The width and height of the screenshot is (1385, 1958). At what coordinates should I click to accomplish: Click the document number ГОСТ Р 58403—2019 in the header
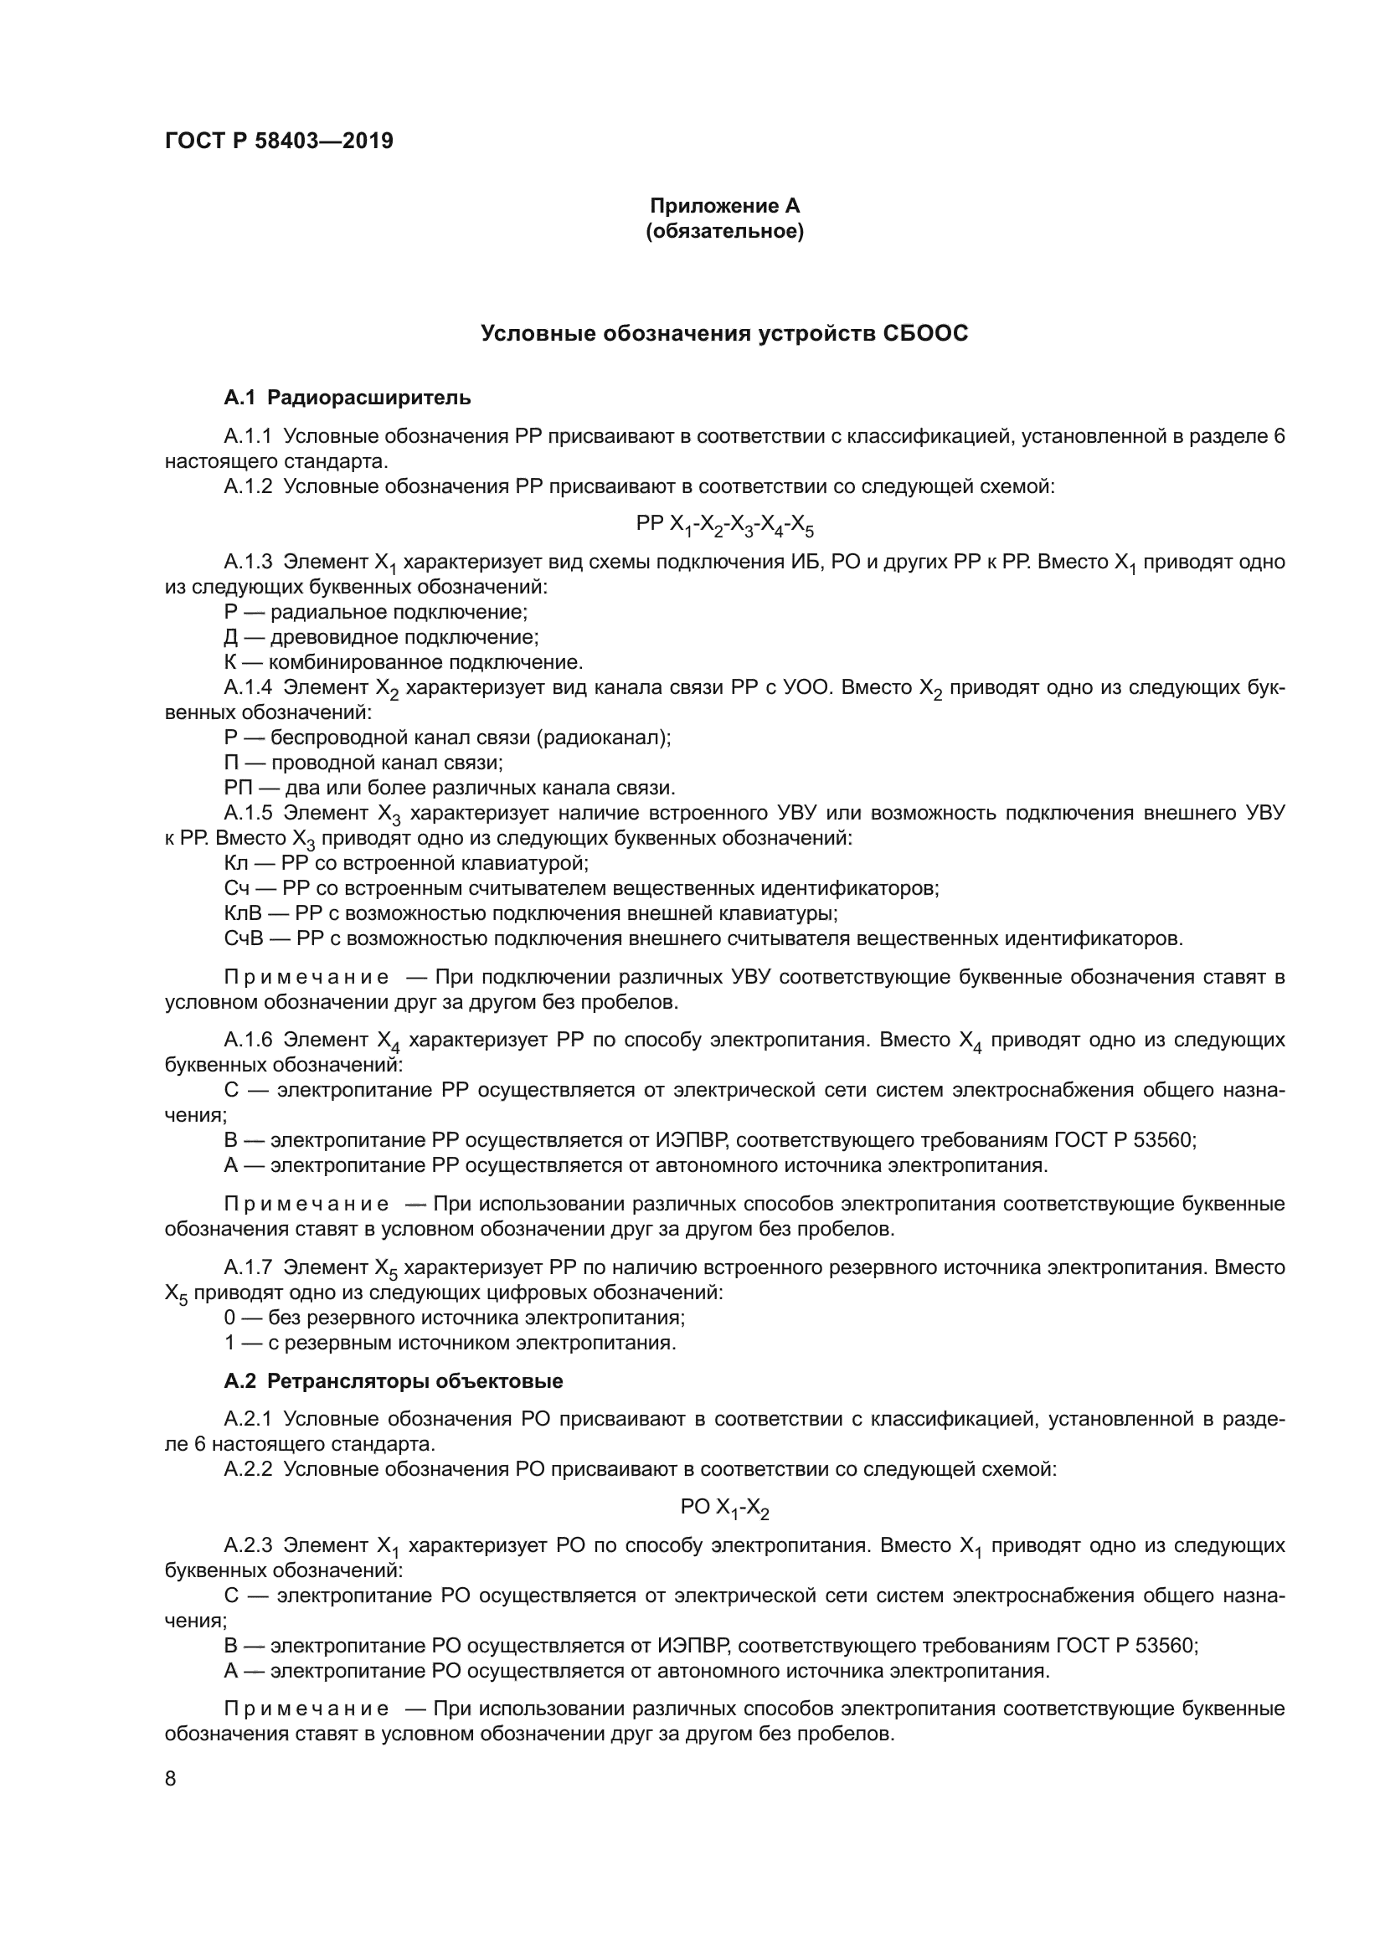[279, 141]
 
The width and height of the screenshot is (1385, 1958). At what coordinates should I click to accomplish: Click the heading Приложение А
[724, 206]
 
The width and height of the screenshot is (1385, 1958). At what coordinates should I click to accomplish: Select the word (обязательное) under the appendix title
[724, 231]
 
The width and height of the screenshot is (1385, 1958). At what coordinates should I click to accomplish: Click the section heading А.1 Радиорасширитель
[348, 398]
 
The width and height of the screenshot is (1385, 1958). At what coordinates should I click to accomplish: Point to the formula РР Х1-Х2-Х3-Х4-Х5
[724, 525]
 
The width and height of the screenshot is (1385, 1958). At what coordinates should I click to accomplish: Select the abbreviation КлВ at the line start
[240, 913]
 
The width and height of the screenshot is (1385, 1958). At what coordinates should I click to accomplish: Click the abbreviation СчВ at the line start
[241, 939]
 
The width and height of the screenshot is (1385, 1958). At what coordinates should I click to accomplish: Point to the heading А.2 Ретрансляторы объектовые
[394, 1381]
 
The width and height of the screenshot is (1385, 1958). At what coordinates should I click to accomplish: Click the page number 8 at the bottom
[171, 1779]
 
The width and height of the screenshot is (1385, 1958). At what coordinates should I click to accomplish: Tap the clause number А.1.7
[247, 1268]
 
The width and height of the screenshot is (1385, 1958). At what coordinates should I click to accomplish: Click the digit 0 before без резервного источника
[229, 1318]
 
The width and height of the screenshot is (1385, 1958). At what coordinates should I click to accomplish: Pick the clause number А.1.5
[247, 813]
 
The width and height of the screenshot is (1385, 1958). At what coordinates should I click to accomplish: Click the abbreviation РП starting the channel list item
[234, 788]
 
